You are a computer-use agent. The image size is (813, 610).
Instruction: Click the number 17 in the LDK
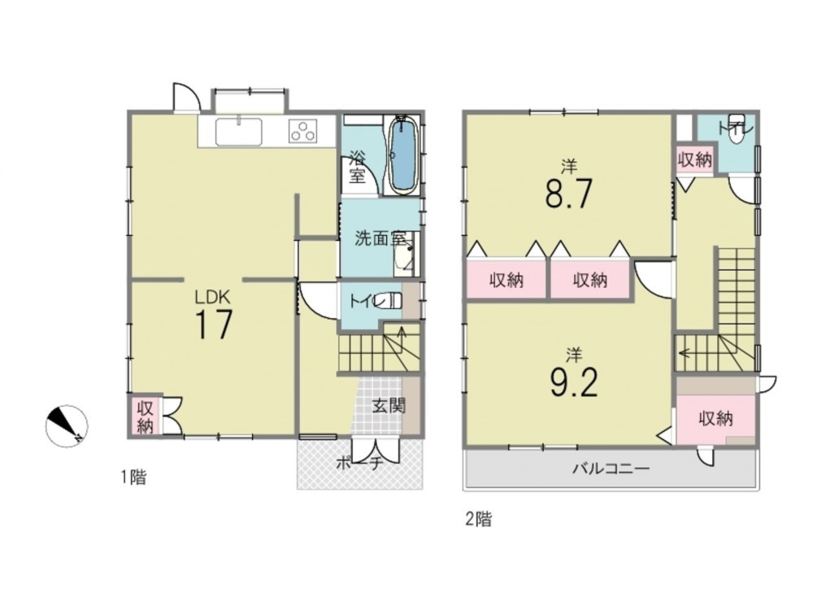(x=214, y=324)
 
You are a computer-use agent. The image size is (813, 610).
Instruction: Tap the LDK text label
(x=212, y=297)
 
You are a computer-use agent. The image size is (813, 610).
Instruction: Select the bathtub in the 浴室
(x=403, y=154)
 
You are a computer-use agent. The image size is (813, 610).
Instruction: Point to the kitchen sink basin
(x=238, y=132)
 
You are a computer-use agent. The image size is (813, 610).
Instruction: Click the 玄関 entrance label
(x=389, y=406)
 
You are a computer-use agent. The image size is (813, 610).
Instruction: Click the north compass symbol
(x=67, y=426)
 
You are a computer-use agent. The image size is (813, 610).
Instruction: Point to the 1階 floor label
(x=133, y=477)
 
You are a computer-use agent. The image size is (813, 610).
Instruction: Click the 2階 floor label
(x=478, y=519)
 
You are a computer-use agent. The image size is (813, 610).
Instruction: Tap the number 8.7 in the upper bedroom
(x=568, y=193)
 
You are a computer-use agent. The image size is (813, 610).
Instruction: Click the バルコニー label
(x=611, y=469)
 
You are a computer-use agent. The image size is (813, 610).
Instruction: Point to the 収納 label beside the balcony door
(x=716, y=418)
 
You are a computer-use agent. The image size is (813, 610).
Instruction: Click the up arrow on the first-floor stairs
(x=402, y=333)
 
